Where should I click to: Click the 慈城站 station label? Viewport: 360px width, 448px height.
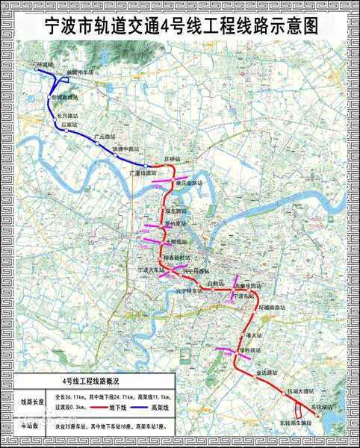pyautogui.click(x=46, y=65)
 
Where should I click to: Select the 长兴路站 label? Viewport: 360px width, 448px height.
pyautogui.click(x=67, y=116)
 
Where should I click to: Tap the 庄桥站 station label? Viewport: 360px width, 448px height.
pyautogui.click(x=172, y=160)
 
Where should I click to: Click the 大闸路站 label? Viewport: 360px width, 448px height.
pyautogui.click(x=177, y=242)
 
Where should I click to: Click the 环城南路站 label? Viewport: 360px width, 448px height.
pyautogui.click(x=271, y=306)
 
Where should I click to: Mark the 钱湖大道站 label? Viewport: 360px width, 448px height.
pyautogui.click(x=301, y=391)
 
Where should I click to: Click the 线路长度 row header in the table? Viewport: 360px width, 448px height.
pyautogui.click(x=31, y=402)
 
